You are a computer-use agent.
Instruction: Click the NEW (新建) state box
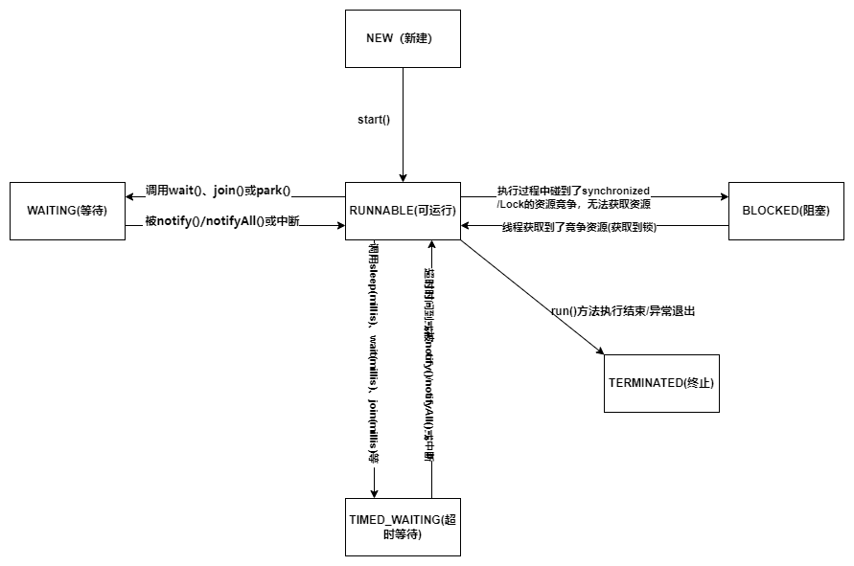coord(403,38)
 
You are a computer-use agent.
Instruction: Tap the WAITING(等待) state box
coord(67,211)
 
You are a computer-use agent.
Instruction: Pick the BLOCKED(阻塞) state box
coord(785,211)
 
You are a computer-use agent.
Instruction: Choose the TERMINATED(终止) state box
coord(661,383)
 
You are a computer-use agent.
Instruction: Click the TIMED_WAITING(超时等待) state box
coord(403,527)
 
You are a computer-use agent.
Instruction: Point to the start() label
coord(375,119)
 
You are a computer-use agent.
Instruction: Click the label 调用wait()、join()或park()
coord(218,190)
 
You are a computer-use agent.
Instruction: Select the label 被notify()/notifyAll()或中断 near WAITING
coord(222,221)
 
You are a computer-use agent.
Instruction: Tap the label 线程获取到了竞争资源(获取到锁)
coord(579,227)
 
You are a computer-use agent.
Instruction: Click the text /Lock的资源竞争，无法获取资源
coord(574,204)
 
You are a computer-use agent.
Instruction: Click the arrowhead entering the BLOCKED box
coord(723,197)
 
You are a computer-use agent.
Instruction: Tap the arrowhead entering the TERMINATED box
coord(600,351)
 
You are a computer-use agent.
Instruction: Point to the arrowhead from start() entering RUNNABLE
coord(403,176)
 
